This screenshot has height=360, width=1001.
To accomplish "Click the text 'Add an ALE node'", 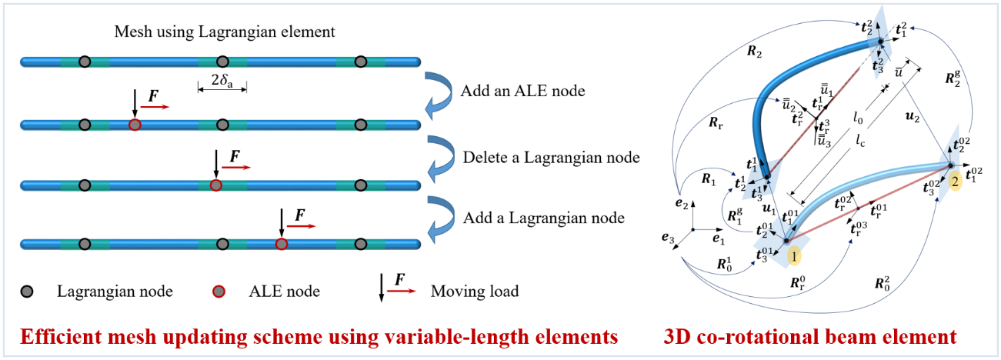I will point(523,91).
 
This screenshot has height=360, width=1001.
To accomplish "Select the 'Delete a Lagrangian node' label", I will point(551,158).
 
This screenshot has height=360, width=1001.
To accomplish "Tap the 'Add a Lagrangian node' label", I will point(543,218).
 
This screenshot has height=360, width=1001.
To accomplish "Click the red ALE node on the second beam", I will point(135,125).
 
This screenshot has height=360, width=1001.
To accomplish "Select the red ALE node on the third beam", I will point(216,185).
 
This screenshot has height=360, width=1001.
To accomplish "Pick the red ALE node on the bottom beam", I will point(282,244).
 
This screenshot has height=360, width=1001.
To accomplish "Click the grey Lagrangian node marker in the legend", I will point(35,292).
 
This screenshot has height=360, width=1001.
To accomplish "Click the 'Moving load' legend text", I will point(475,292).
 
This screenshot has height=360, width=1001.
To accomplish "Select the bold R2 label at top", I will point(753,53).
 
